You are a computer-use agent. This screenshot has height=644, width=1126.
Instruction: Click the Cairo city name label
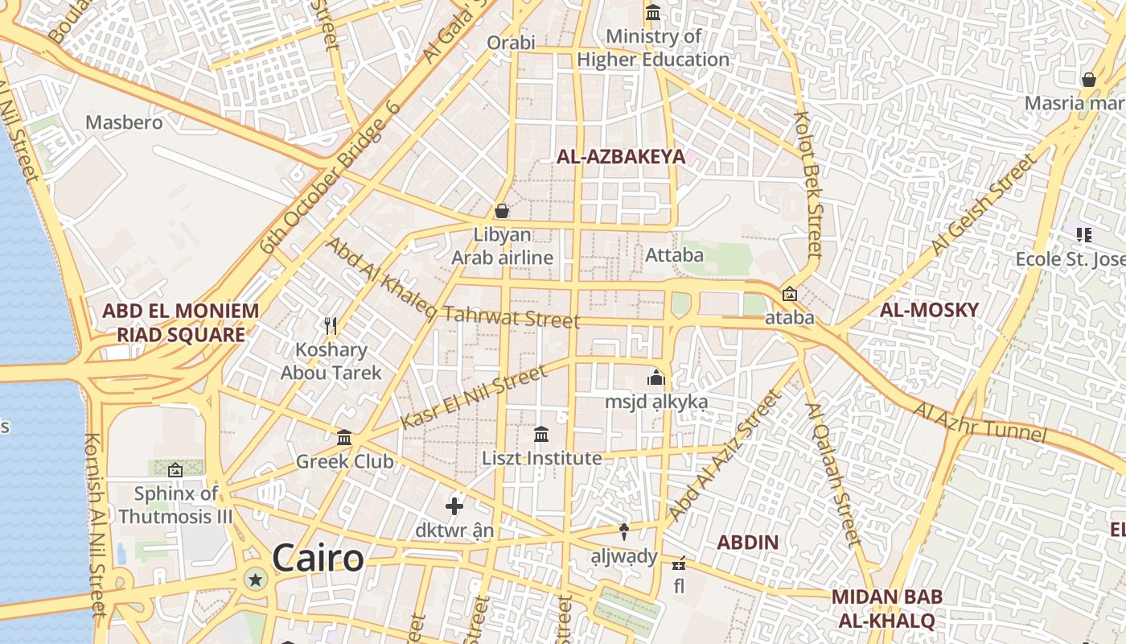[318, 558]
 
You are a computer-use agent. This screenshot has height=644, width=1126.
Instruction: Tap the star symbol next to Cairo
[256, 579]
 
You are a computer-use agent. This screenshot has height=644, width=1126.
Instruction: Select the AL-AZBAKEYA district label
[621, 157]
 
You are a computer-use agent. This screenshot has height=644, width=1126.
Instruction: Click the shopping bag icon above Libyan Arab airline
[502, 211]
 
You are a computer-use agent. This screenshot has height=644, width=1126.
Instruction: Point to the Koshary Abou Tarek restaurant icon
[330, 326]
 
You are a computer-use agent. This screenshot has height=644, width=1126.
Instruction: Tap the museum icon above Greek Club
[344, 437]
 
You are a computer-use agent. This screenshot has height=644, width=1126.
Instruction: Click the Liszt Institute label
[541, 458]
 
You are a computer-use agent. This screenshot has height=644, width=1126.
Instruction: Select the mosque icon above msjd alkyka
[656, 378]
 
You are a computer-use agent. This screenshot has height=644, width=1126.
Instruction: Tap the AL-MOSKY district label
[929, 310]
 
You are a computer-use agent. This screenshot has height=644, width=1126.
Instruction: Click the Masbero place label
[124, 122]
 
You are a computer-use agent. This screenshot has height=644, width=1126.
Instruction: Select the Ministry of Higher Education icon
[653, 13]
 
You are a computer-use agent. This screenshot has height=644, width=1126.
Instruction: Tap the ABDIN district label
[747, 542]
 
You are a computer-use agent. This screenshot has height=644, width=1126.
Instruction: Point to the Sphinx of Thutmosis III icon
[175, 469]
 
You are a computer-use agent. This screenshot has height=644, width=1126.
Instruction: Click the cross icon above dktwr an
[454, 506]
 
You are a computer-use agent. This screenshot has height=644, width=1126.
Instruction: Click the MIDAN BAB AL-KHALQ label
[886, 609]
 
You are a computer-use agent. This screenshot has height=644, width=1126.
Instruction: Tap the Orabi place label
[511, 42]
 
